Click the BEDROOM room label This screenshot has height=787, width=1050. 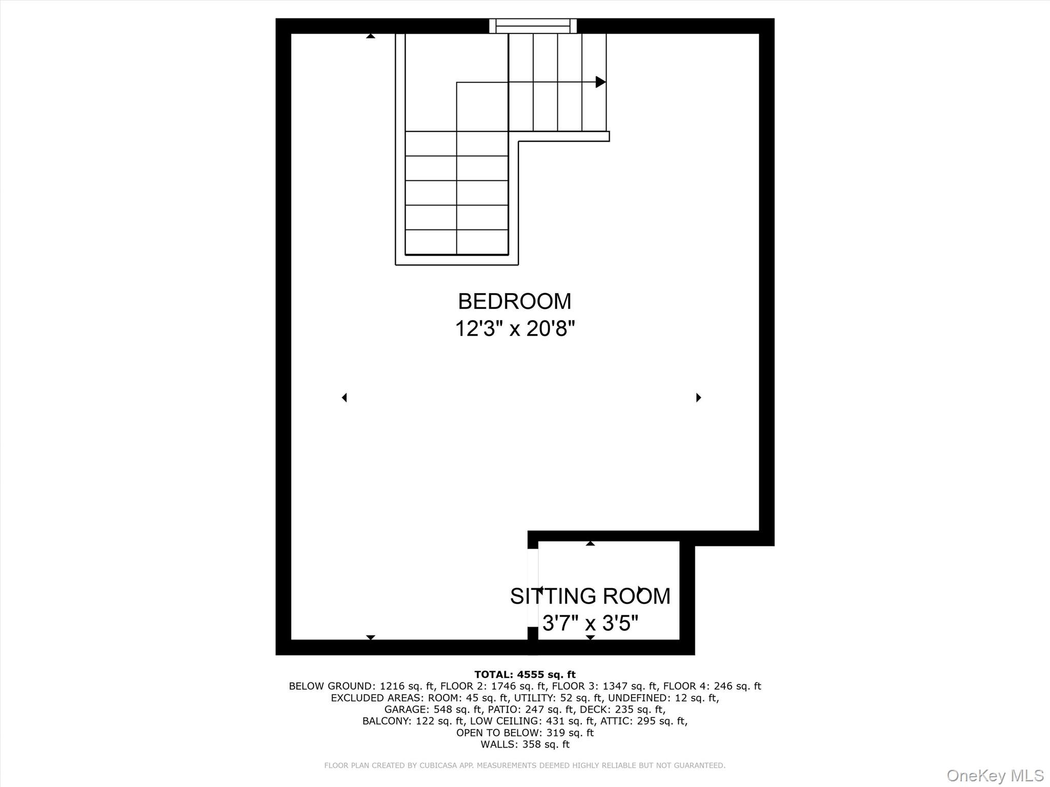514,301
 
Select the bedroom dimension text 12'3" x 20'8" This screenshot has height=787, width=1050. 515,328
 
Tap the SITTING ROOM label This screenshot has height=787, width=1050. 590,596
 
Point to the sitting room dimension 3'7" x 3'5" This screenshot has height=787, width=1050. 590,624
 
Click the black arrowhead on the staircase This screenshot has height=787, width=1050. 600,82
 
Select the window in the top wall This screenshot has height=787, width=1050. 533,26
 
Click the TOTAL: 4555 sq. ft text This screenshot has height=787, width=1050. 524,674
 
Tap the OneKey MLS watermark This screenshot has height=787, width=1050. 995,775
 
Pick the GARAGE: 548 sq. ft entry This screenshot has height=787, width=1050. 433,710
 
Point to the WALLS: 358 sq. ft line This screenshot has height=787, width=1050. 524,744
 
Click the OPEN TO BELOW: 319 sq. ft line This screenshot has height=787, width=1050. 524,733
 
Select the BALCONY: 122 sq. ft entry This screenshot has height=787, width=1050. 413,721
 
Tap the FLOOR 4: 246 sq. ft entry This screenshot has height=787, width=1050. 712,686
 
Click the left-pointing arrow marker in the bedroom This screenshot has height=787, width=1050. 345,398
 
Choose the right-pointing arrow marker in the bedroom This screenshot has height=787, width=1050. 698,398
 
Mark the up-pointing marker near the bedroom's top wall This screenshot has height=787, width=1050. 370,36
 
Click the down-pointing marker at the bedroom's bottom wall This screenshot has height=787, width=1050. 370,637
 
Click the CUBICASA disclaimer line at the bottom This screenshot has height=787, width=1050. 524,765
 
